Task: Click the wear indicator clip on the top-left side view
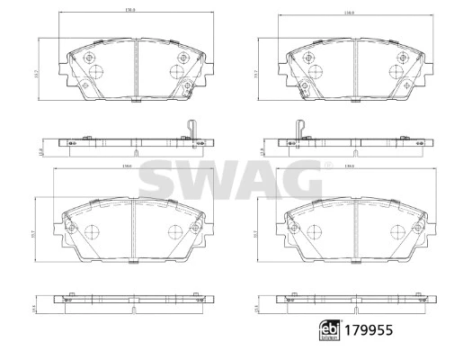coord(189,130)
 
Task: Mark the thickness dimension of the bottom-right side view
coord(258,306)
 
